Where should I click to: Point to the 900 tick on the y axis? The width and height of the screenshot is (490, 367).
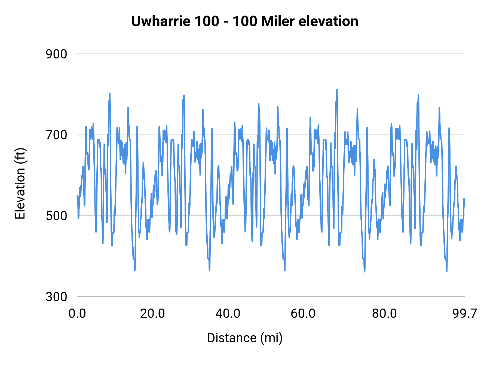click(x=56, y=54)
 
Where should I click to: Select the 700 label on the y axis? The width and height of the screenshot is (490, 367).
click(x=56, y=135)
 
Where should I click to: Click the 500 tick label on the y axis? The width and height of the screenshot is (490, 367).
click(x=56, y=216)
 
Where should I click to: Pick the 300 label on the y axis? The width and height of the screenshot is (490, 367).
click(x=56, y=297)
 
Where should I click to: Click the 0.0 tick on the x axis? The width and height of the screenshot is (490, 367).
click(x=77, y=313)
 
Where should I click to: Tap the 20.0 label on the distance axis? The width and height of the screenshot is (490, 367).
click(x=152, y=313)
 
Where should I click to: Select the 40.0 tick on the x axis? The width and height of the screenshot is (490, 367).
click(x=228, y=313)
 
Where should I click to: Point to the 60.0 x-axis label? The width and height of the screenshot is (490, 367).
click(x=303, y=313)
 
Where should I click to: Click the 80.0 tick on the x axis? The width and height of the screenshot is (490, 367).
click(x=384, y=313)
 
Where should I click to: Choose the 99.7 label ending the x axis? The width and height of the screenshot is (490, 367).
click(x=465, y=313)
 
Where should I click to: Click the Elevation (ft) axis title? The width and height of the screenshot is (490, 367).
click(x=20, y=183)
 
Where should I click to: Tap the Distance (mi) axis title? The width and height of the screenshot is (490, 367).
click(x=245, y=338)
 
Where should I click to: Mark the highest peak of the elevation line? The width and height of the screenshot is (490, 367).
click(x=337, y=90)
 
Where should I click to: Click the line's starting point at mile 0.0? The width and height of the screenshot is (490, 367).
click(x=77, y=195)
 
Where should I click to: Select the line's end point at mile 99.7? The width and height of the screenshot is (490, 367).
click(x=465, y=206)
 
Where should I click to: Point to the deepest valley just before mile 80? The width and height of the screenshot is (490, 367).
click(x=364, y=271)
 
